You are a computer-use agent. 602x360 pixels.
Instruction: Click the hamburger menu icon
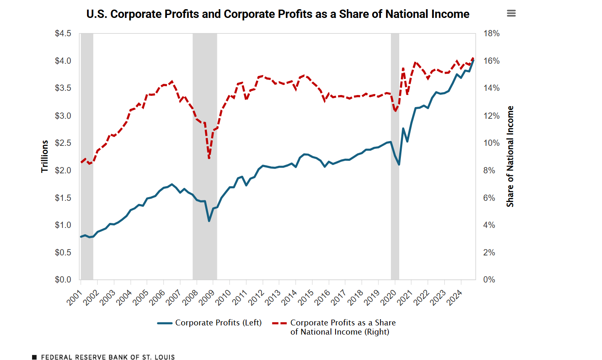pos(511,13)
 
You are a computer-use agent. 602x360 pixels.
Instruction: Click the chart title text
pos(278,14)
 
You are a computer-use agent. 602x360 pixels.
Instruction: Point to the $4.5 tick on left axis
pos(63,33)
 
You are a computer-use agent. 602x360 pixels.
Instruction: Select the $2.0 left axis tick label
pos(63,170)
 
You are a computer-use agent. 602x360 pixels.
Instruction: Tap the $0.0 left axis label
pos(63,280)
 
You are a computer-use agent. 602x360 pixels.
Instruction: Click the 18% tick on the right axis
pos(491,33)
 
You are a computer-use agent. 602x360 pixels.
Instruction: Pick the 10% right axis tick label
pos(491,143)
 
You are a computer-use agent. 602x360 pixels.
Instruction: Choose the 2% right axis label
pos(489,252)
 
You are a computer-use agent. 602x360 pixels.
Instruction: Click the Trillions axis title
pos(45,156)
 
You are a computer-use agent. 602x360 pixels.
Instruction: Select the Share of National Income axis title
pos(510,156)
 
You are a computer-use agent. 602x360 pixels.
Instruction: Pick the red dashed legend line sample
pos(279,323)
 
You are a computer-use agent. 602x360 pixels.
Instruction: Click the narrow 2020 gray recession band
pos(395,156)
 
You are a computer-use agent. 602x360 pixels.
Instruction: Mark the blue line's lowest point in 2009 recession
pos(209,221)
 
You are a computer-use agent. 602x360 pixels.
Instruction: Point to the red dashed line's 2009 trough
pos(209,158)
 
